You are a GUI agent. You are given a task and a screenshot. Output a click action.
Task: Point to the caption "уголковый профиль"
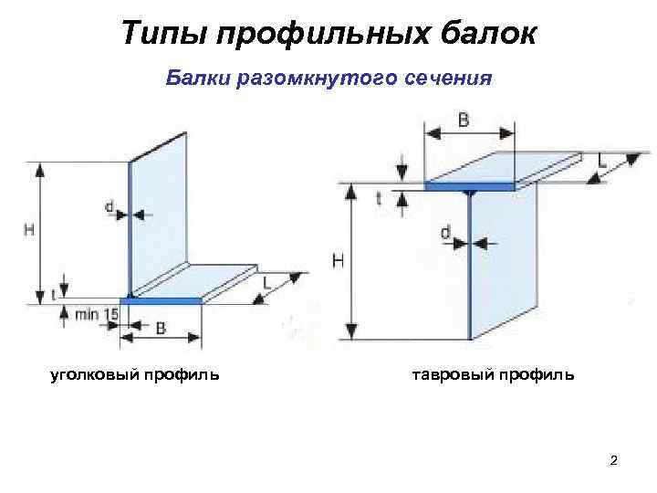133,373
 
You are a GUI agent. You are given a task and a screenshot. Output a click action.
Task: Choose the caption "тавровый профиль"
494,373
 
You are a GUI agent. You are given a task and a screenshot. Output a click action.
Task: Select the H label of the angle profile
29,231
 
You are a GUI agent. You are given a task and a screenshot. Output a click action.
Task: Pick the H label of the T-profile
339,261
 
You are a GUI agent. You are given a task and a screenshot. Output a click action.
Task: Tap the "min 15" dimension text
97,314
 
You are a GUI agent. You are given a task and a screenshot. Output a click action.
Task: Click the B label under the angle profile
161,329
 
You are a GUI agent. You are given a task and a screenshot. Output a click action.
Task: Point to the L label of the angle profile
266,284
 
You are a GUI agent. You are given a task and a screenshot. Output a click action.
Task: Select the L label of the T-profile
602,161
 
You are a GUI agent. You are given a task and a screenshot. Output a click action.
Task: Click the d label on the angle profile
109,208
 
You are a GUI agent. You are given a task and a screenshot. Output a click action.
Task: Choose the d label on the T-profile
445,234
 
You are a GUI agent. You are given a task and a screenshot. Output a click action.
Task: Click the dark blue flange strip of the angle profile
162,300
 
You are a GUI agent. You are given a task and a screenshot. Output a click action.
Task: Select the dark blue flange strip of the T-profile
469,186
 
